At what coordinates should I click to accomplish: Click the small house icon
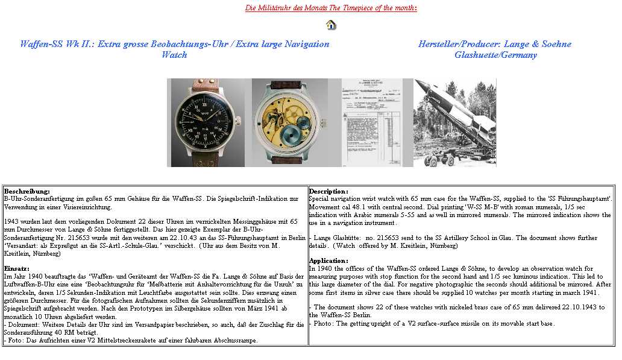331,25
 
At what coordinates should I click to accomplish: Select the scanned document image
376,122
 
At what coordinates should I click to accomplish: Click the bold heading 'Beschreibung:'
27,191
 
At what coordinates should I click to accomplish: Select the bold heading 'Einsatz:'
17,268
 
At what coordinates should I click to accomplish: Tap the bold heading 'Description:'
328,191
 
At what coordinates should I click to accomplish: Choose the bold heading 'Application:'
328,261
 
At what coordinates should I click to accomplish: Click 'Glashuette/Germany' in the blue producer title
495,55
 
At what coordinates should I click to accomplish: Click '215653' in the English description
379,238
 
